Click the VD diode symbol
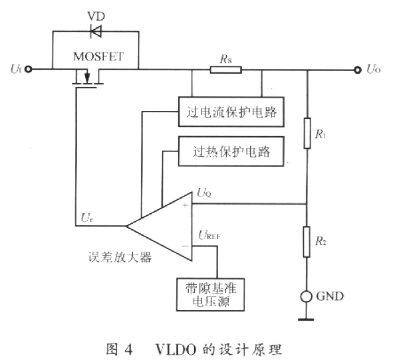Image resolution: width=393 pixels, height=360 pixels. coord(96,31)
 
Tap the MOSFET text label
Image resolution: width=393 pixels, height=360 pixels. coord(98,56)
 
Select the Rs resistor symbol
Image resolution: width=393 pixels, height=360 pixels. coord(226,70)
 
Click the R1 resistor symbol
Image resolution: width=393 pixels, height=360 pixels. coord(307,134)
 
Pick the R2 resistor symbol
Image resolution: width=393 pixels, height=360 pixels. coord(307,242)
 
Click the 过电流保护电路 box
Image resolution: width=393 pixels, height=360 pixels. coord(231,112)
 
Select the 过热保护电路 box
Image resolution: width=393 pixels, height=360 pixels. coord(231,151)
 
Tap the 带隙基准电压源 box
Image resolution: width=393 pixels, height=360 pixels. coord(211,294)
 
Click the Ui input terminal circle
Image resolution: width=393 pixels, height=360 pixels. coord(29,69)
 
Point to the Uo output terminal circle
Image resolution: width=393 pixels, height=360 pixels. coord(358,70)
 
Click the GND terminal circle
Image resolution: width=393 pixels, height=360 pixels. coord(307,297)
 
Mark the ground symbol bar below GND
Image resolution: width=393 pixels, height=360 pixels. coord(306,319)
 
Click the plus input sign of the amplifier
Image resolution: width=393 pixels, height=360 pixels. coord(186,205)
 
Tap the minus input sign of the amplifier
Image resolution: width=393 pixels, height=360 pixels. coord(186,246)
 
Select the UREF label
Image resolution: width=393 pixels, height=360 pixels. coord(209,235)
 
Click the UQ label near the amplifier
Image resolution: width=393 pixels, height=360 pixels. coord(204,193)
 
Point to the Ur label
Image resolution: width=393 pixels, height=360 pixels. coord(87,218)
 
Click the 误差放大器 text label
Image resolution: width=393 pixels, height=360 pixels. coord(120,257)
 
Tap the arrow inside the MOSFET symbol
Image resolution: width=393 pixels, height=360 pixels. coord(87,77)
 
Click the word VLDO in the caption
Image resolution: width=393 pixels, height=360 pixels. coord(176,349)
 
